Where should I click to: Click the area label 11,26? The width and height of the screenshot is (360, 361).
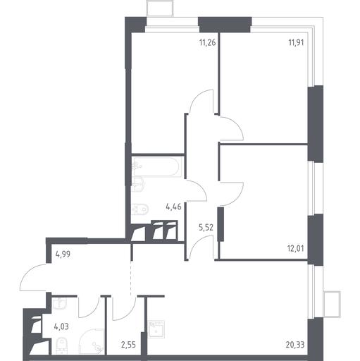click(x=207, y=43)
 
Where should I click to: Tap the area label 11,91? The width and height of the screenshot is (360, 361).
click(x=296, y=43)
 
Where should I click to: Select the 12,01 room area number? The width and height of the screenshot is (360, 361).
click(x=296, y=248)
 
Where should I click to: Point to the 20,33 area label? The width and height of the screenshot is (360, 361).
click(x=295, y=345)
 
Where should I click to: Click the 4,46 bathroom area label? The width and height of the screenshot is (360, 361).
click(x=173, y=207)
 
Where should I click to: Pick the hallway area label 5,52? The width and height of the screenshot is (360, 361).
click(x=206, y=228)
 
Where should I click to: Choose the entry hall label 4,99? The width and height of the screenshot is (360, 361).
click(x=63, y=255)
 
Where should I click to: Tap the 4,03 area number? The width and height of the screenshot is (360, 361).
click(x=61, y=326)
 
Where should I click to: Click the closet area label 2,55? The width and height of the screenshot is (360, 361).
click(x=128, y=345)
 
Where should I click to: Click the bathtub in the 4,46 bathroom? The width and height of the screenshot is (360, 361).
click(x=156, y=166)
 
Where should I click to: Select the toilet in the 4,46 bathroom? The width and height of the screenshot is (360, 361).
click(x=140, y=209)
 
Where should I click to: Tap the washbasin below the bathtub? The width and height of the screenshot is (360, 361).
click(x=138, y=184)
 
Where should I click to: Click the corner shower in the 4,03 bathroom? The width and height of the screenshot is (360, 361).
click(x=91, y=341)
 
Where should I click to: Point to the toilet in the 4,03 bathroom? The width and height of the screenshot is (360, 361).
click(x=62, y=345)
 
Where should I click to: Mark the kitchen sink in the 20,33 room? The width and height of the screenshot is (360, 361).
click(x=156, y=329)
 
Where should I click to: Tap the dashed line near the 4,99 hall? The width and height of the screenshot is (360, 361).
click(x=130, y=277)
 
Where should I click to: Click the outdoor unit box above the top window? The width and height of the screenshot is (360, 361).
click(x=160, y=8)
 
